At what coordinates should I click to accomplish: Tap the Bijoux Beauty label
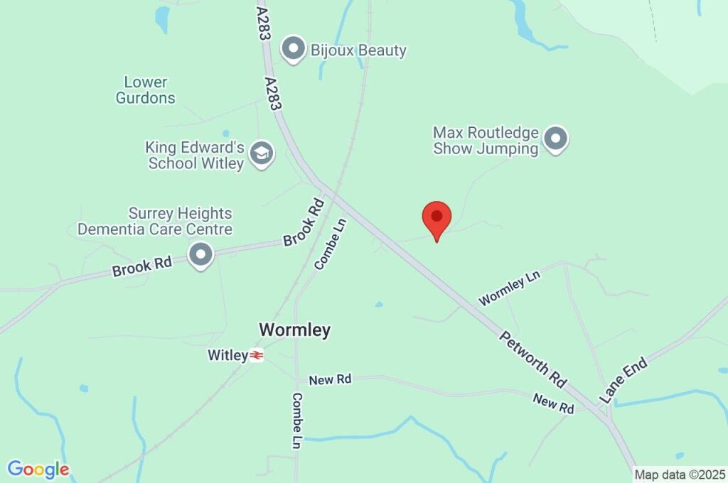click(x=358, y=50)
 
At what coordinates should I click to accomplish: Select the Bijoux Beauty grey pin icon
click(x=293, y=49)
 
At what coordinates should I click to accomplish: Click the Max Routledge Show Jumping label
click(x=486, y=141)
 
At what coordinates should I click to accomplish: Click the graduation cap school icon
click(x=262, y=153)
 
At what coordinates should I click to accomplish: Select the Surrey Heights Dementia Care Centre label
click(x=155, y=221)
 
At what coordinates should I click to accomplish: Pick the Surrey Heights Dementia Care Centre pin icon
click(x=201, y=254)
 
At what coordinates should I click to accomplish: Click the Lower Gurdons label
click(x=145, y=90)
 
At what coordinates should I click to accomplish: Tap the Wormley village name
click(x=294, y=330)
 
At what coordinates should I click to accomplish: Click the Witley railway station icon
click(x=257, y=355)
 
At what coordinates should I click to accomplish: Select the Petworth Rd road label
click(x=532, y=359)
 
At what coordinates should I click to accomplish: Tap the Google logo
click(x=38, y=470)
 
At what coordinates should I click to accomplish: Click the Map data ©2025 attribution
click(x=680, y=474)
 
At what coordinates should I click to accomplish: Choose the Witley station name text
click(x=227, y=354)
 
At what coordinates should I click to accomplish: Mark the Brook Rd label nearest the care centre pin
click(x=142, y=267)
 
